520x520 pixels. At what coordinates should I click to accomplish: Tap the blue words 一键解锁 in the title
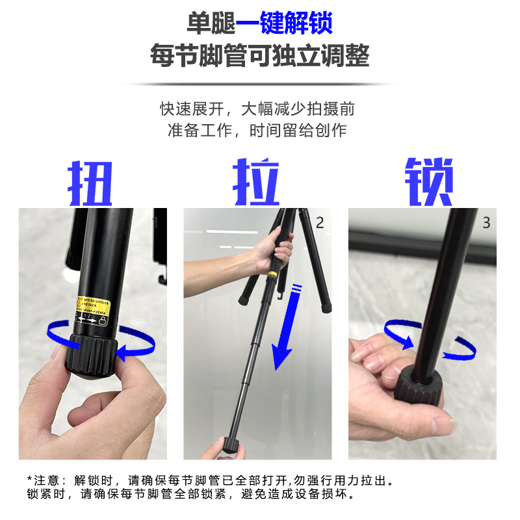coord(284,24)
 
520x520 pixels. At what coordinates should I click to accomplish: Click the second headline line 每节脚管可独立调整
coord(259,56)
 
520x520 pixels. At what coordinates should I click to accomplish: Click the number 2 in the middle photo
coord(319,223)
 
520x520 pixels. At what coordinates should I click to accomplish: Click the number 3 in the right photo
coord(486,223)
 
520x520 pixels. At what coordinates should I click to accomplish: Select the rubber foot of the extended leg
coord(231,445)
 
